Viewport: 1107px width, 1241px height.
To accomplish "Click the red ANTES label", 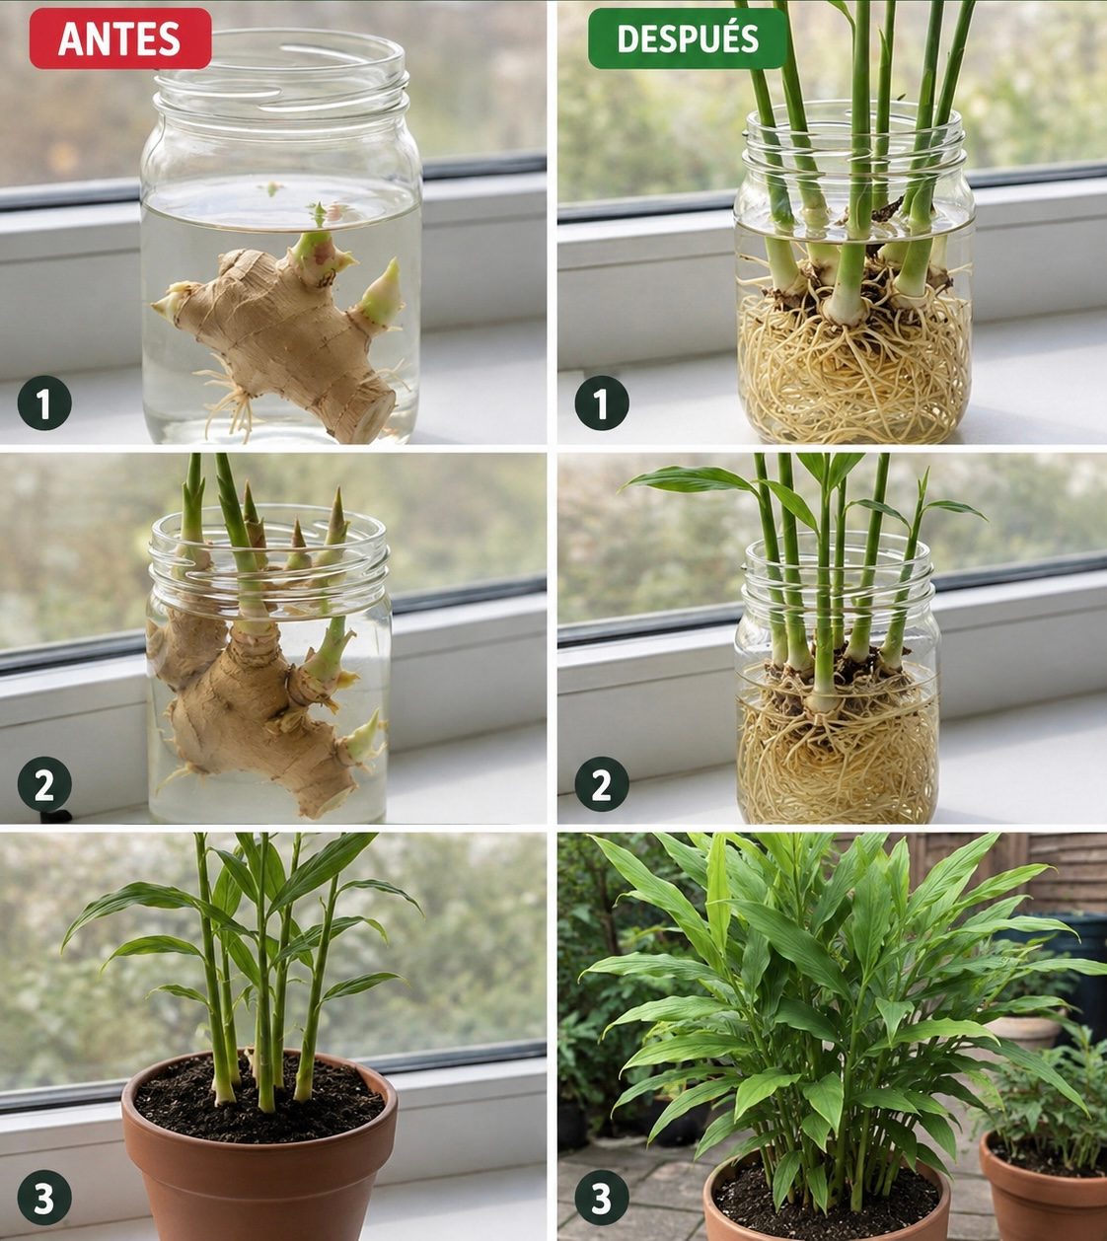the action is point(120,37).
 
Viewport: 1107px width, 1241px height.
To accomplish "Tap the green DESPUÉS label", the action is point(687,37).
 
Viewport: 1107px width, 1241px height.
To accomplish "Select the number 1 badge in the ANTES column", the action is point(44,403).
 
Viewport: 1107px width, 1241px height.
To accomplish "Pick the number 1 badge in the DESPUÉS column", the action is point(602,403).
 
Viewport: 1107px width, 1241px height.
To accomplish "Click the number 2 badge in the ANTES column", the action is point(44,784).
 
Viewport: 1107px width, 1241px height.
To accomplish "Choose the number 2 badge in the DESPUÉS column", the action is point(602,784).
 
